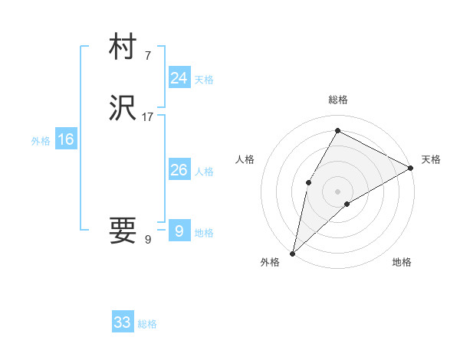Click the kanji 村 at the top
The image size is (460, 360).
point(123,48)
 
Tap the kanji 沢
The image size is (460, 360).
point(123,110)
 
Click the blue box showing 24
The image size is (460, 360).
point(179,78)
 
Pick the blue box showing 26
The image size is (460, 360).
point(179,170)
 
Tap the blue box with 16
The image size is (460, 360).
point(65,139)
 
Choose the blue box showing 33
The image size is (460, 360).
point(123,322)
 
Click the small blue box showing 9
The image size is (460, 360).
point(179,231)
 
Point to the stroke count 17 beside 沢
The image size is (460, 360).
point(148,117)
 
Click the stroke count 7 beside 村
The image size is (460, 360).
point(148,55)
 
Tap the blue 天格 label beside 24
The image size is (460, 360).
point(203,80)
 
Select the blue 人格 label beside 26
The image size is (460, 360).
point(203,172)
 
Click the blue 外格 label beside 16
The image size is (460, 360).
point(41,141)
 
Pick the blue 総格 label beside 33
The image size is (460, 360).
point(147,324)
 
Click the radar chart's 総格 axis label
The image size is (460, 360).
point(337,100)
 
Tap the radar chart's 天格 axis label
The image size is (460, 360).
point(431,159)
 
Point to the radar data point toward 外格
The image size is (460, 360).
point(293,253)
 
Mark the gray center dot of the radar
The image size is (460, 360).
point(337,191)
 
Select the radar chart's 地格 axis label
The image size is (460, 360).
point(402,263)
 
